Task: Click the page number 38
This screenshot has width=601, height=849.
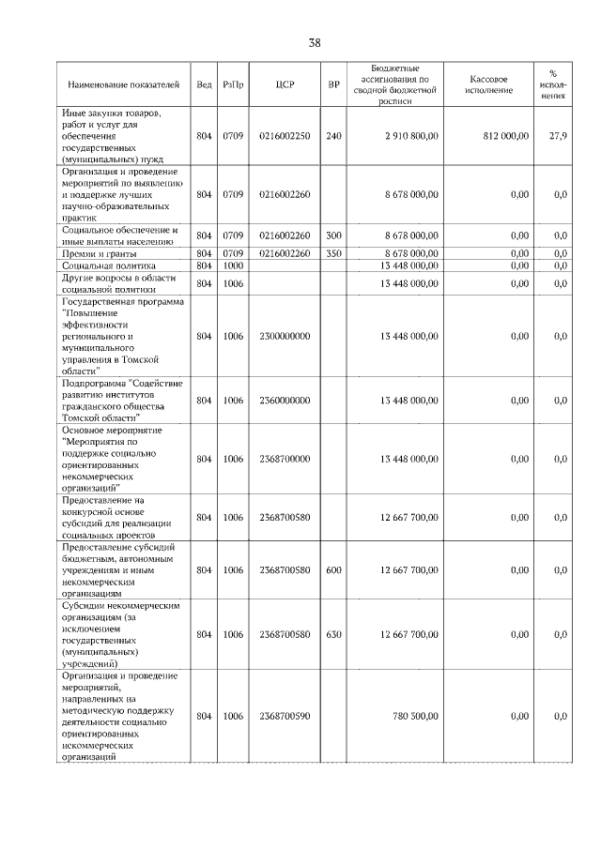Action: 315,43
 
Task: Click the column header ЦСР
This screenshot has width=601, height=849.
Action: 285,84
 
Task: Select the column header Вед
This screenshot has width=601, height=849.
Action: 204,84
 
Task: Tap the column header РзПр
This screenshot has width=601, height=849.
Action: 234,84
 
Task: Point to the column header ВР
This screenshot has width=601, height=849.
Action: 333,84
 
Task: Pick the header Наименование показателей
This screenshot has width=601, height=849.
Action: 122,84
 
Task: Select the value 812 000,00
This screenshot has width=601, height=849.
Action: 507,136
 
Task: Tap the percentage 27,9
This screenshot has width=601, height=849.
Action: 558,136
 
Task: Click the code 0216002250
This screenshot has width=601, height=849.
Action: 285,136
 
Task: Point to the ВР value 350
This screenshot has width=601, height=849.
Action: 333,253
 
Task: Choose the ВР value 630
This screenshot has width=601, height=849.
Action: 333,634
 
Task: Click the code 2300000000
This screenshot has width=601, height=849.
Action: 285,336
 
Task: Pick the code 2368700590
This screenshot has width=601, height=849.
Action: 285,716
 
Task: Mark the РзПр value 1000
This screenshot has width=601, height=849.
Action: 234,265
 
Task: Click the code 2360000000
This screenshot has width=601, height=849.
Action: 285,400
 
